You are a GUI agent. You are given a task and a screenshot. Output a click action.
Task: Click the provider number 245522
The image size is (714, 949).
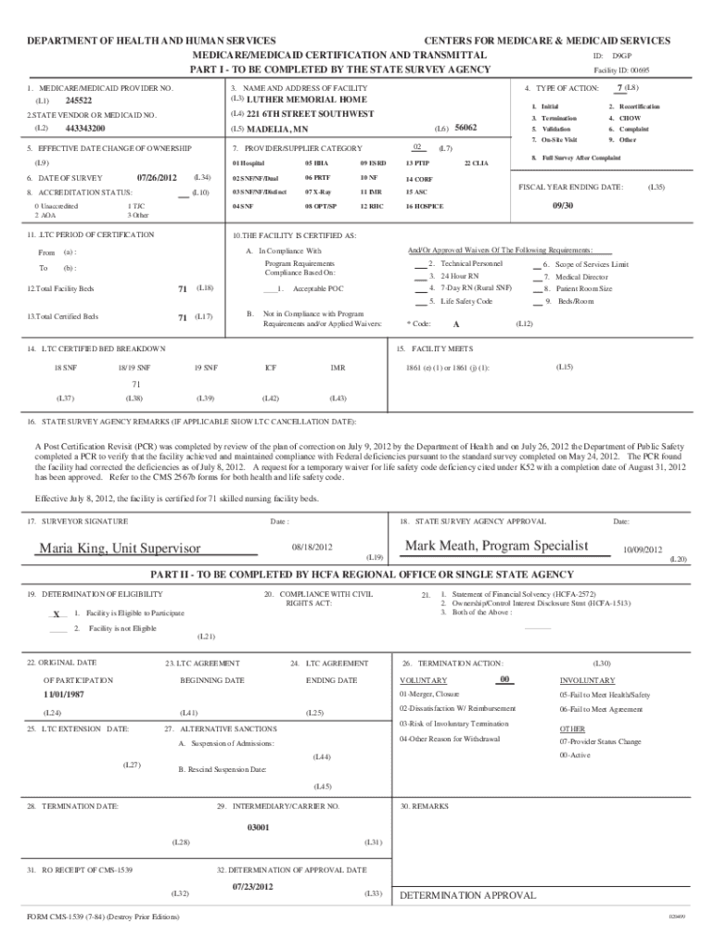pyautogui.click(x=79, y=100)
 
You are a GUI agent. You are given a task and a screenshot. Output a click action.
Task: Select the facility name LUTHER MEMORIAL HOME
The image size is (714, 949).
pyautogui.click(x=306, y=99)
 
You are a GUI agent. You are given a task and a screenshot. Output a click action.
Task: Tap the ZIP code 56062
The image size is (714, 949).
pyautogui.click(x=465, y=128)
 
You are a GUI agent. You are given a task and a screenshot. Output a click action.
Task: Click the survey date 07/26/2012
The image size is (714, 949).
pyautogui.click(x=156, y=177)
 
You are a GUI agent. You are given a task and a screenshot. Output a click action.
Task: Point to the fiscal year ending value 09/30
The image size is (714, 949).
pyautogui.click(x=563, y=206)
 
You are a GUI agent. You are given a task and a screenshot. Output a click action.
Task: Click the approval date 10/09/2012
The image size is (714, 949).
pyautogui.click(x=643, y=549)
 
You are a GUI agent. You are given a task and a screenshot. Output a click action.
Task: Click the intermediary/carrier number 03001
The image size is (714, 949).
pyautogui.click(x=257, y=827)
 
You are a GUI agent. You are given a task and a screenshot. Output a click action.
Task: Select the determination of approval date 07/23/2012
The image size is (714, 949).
pyautogui.click(x=253, y=887)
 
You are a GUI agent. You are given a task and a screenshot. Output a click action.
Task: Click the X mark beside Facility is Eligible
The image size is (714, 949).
pyautogui.click(x=57, y=614)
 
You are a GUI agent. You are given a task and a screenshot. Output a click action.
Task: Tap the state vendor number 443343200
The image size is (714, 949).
pyautogui.click(x=85, y=128)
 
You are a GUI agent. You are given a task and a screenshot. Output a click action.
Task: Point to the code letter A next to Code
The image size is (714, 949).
pyautogui.click(x=455, y=324)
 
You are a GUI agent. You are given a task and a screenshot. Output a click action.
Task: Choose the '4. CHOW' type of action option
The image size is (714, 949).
pyautogui.click(x=631, y=119)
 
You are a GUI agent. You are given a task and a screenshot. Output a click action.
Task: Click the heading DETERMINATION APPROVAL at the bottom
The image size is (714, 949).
pyautogui.click(x=467, y=895)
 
